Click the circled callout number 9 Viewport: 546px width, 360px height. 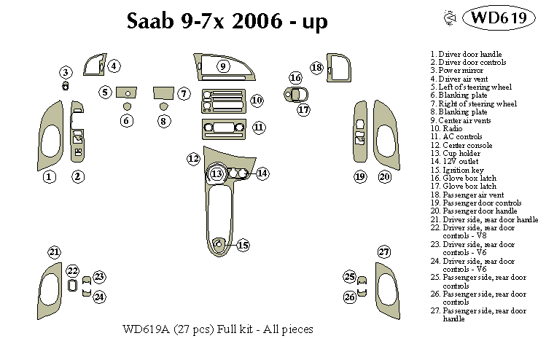(223, 66)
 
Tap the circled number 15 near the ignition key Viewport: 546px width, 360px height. (243, 246)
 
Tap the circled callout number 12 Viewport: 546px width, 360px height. (193, 158)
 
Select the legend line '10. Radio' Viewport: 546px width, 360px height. (447, 128)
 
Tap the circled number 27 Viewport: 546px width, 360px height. (384, 252)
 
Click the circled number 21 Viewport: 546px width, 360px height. (54, 252)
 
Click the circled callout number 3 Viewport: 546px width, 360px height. (66, 72)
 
